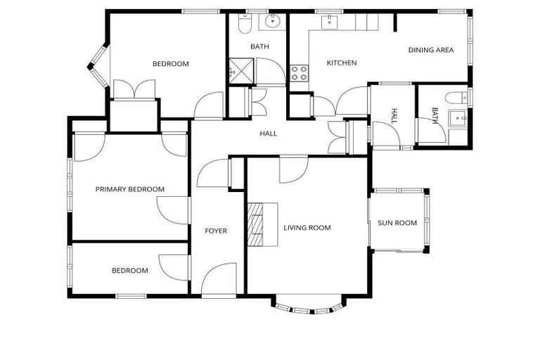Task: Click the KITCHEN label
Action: click(342, 63)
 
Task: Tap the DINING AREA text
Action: click(431, 50)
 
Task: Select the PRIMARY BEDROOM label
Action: click(130, 189)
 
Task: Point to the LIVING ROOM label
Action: click(307, 228)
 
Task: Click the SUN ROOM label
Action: click(397, 223)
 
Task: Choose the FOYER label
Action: click(216, 231)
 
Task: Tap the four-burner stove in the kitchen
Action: click(299, 72)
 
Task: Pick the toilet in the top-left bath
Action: click(245, 25)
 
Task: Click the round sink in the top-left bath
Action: click(272, 22)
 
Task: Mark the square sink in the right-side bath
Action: click(461, 118)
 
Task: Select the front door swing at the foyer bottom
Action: click(219, 279)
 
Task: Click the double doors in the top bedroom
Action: click(134, 90)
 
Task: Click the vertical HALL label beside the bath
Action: click(394, 116)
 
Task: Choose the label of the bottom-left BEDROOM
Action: click(130, 271)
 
